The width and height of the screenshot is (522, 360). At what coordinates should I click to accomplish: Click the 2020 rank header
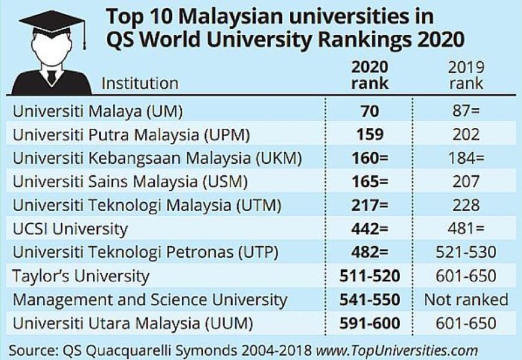point(369,75)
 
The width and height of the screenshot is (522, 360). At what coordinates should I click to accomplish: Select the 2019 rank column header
point(466,75)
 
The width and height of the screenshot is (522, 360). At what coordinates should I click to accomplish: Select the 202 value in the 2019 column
point(466,134)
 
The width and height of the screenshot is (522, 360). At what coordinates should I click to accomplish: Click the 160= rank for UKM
point(369,158)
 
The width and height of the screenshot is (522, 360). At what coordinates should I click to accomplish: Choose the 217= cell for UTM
point(369,205)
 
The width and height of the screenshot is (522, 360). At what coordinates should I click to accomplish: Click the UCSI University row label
point(70,228)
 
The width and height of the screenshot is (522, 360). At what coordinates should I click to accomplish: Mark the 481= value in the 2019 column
point(466,228)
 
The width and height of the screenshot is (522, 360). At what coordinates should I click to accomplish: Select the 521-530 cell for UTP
point(466,252)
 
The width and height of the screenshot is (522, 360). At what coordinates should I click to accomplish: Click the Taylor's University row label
point(80,276)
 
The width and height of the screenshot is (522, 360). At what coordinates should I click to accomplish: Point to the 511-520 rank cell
point(369,276)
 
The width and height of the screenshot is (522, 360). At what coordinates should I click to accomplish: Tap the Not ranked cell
point(466,299)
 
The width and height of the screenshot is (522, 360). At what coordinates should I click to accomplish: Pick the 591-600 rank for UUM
point(369,324)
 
